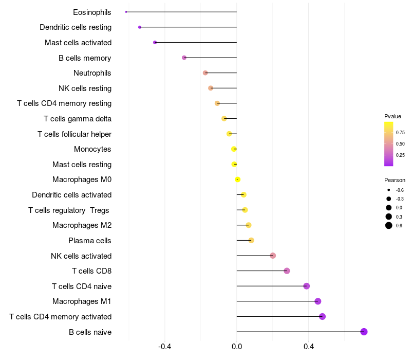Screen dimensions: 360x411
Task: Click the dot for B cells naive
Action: point(364,332)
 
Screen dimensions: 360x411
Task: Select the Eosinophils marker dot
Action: point(126,12)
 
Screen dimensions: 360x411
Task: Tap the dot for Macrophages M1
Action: point(318,301)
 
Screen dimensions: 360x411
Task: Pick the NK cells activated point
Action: point(273,256)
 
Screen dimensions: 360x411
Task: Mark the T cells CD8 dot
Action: point(287,271)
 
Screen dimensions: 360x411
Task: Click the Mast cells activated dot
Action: point(155,42)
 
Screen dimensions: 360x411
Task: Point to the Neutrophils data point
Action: point(205,73)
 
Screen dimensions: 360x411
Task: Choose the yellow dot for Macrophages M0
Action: point(237,179)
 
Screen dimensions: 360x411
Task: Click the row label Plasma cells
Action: point(90,241)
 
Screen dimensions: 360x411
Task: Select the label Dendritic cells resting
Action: point(76,27)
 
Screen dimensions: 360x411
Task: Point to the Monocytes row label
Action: point(92,149)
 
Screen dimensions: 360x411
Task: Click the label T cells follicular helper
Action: point(74,134)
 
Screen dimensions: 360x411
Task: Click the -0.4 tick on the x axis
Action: point(164,347)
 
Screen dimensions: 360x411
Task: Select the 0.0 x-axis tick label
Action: point(237,347)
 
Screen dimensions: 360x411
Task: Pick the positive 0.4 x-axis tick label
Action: point(309,347)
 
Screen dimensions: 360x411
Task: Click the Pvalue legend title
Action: point(393,116)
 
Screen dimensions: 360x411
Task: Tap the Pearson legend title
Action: point(395,180)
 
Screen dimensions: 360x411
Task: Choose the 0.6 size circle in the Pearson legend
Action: point(389,225)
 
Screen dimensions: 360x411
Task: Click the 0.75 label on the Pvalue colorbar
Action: point(400,133)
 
